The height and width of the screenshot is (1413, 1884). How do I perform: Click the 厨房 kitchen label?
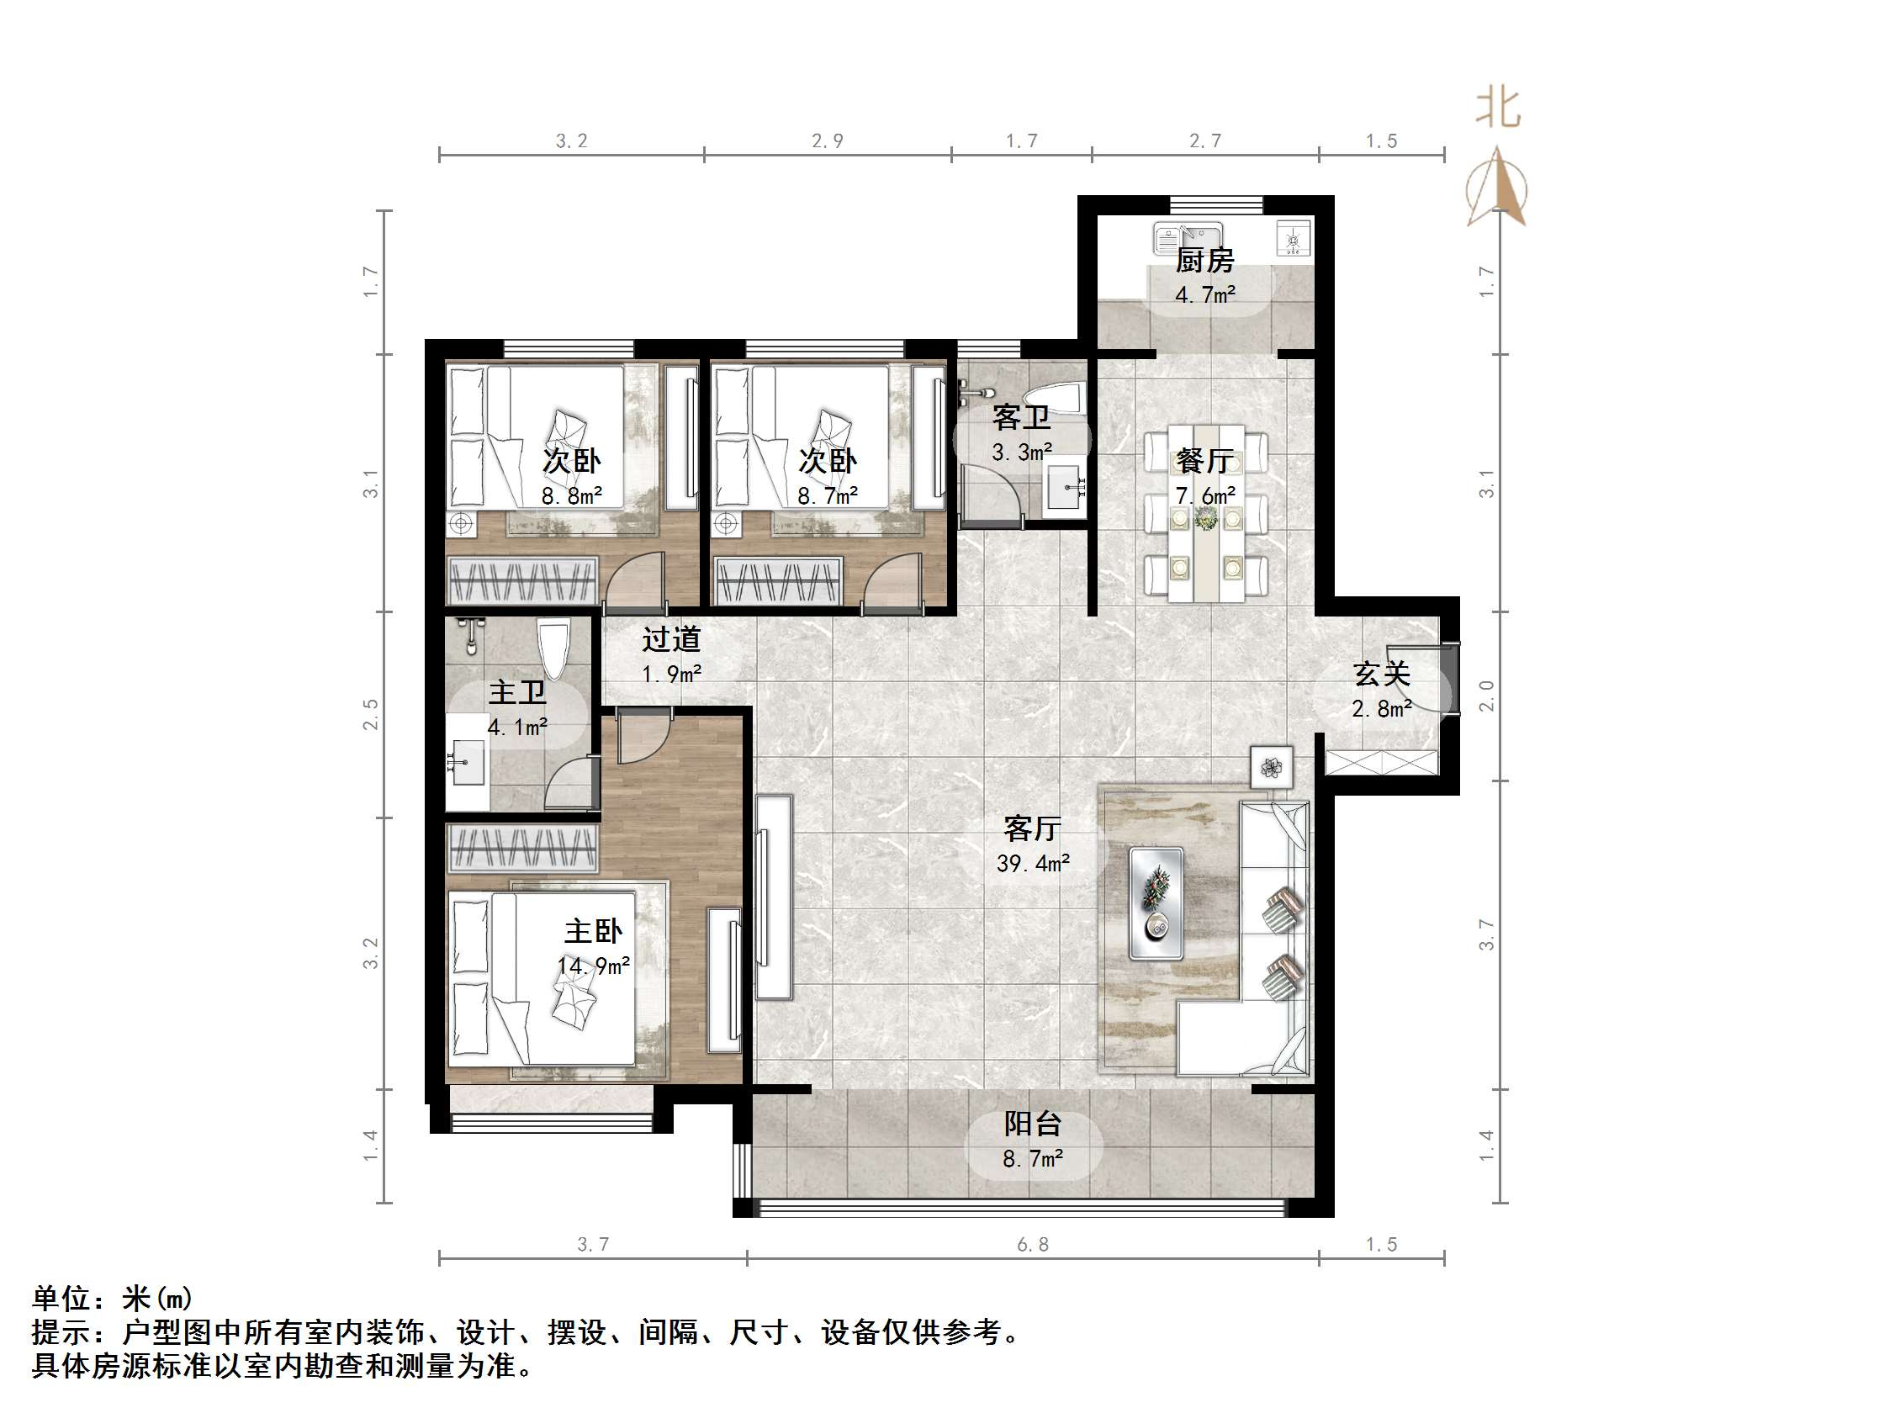coord(1204,260)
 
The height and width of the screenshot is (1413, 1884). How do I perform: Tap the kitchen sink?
coord(1188,238)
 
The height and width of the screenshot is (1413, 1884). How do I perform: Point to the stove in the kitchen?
coord(1294,238)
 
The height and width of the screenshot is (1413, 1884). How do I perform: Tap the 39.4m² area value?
coord(1033,864)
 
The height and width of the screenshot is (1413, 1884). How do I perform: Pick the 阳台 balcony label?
coord(1032,1124)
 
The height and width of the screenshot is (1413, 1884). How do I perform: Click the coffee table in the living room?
coord(1156,902)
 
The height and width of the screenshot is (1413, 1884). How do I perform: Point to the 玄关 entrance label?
coord(1383,674)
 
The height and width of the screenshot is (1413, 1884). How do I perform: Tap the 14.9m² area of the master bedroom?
coord(594,966)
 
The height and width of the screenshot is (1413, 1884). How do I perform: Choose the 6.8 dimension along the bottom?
coord(1033,1244)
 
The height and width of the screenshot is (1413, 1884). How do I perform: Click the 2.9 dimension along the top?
coord(827,140)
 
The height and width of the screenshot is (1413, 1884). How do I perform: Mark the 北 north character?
coord(1498,108)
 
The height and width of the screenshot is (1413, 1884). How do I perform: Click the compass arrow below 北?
coord(1496,187)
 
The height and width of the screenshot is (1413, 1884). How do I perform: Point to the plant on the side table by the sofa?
coord(1272,766)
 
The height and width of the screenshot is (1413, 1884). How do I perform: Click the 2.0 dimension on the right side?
coord(1485,696)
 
